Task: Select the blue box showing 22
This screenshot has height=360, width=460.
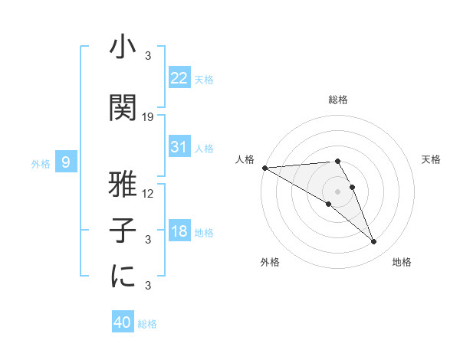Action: click(x=179, y=78)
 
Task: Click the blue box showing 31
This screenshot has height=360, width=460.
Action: click(x=179, y=147)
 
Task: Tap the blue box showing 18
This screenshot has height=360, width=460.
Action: click(x=179, y=232)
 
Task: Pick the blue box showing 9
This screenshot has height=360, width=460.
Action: click(x=67, y=162)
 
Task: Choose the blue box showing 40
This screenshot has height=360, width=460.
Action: click(x=123, y=323)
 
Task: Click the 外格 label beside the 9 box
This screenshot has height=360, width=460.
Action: click(x=41, y=163)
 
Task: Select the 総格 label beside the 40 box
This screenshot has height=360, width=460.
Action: click(x=147, y=324)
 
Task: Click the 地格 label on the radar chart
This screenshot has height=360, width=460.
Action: click(x=402, y=262)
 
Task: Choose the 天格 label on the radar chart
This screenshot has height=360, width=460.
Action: click(x=432, y=159)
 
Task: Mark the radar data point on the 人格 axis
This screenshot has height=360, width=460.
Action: click(x=264, y=168)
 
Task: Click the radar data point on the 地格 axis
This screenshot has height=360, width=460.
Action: click(x=374, y=242)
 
